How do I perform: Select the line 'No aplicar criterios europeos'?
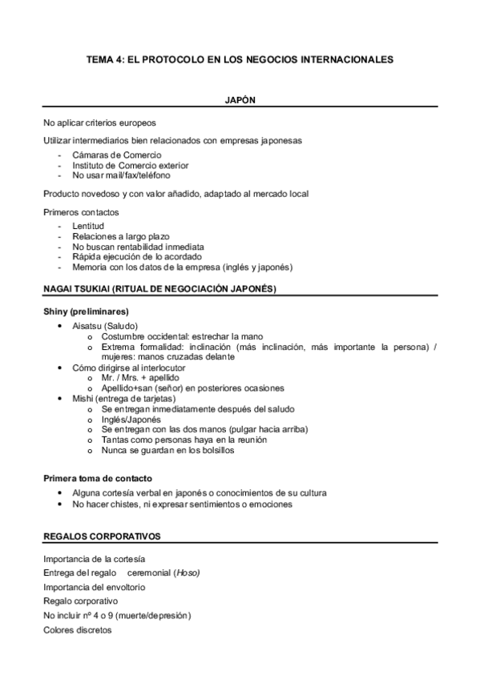[x=99, y=123]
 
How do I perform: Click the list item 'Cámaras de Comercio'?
[x=117, y=155]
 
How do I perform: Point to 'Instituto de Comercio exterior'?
[x=131, y=165]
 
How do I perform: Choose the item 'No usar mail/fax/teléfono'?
[x=121, y=175]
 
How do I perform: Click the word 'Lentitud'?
[x=88, y=227]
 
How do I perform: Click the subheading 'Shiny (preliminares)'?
[x=87, y=311]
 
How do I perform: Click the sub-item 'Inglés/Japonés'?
[x=131, y=419]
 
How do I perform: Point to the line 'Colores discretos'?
[x=79, y=630]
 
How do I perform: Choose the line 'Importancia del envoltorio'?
[x=95, y=587]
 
